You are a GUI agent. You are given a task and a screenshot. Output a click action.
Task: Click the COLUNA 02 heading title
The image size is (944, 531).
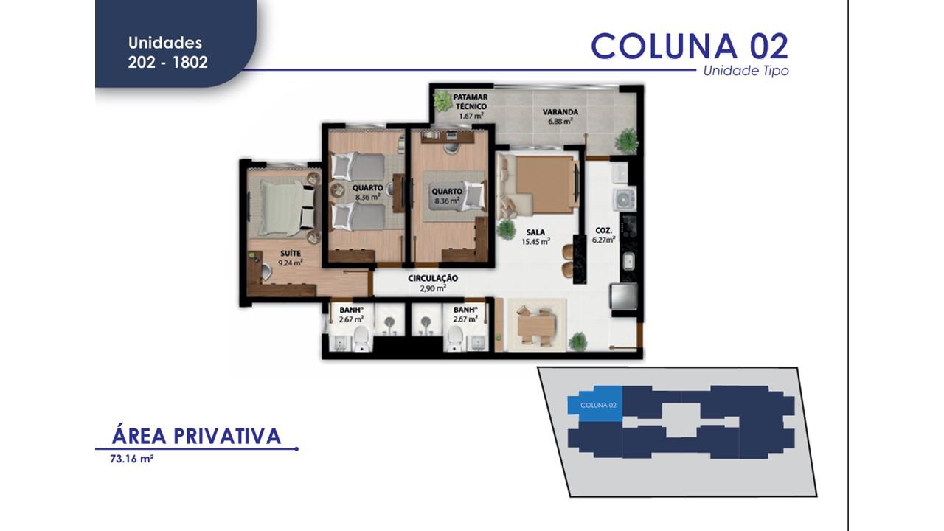[x=690, y=46]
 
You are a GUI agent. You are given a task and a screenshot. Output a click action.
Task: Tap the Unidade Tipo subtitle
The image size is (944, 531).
[x=746, y=72]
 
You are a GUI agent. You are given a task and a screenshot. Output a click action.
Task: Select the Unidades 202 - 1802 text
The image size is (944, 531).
[x=167, y=53]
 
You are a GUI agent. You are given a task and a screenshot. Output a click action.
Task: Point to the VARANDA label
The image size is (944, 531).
[x=560, y=112]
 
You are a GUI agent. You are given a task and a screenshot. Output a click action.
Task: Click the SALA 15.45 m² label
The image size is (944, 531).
[x=535, y=237]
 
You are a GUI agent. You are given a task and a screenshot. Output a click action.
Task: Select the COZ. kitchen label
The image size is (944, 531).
[x=604, y=229]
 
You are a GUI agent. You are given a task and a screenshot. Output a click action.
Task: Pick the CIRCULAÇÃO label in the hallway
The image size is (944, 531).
[x=433, y=279]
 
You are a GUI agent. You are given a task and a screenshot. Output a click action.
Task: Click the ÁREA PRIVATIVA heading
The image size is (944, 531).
[x=196, y=436]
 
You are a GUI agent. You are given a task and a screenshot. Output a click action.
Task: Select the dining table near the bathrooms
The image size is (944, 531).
[x=535, y=324]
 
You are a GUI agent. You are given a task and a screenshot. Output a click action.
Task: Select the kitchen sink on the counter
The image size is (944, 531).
[x=628, y=260]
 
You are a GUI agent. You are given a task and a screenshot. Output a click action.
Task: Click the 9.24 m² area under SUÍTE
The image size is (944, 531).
[x=290, y=262]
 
